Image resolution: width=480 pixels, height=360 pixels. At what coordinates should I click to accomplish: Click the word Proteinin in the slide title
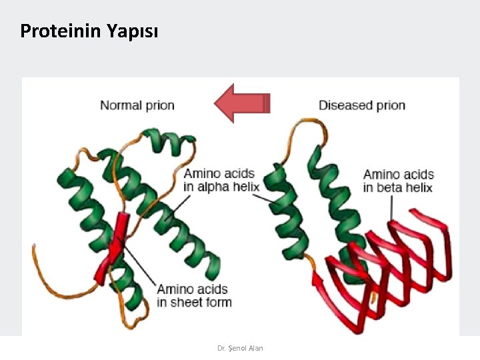[x=60, y=31]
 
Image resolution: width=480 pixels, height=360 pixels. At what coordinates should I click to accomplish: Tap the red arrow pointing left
[x=241, y=103]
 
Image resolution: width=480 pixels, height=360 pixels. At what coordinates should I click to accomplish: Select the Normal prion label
[x=137, y=105]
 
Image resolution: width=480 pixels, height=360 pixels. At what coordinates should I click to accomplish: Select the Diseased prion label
[x=361, y=105]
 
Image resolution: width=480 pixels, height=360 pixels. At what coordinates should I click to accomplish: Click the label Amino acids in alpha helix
[x=221, y=180]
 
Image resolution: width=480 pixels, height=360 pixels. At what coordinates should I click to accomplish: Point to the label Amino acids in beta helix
[x=398, y=181]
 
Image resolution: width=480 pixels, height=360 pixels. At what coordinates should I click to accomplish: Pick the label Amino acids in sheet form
[x=194, y=295]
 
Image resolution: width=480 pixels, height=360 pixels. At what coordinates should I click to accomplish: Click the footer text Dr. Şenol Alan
[x=240, y=348]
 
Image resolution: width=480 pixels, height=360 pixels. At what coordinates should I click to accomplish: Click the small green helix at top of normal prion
[x=170, y=141]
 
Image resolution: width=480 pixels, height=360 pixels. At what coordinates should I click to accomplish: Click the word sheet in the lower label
[x=188, y=302]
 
